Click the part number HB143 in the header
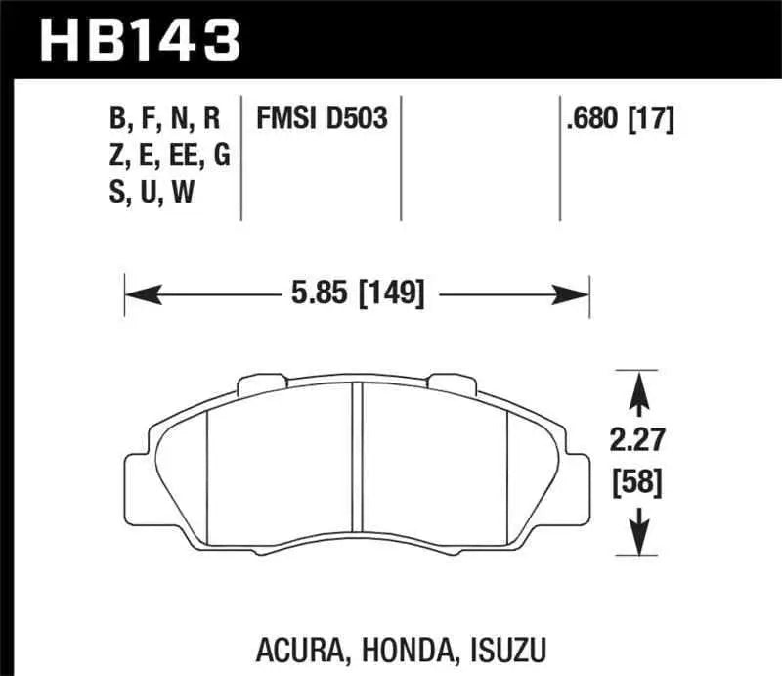point(138,39)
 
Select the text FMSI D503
point(322,120)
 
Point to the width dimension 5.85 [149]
point(356,292)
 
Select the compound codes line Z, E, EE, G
point(168,157)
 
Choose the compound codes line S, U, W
point(152,193)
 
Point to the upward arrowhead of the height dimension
point(639,386)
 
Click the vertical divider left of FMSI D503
point(241,157)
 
